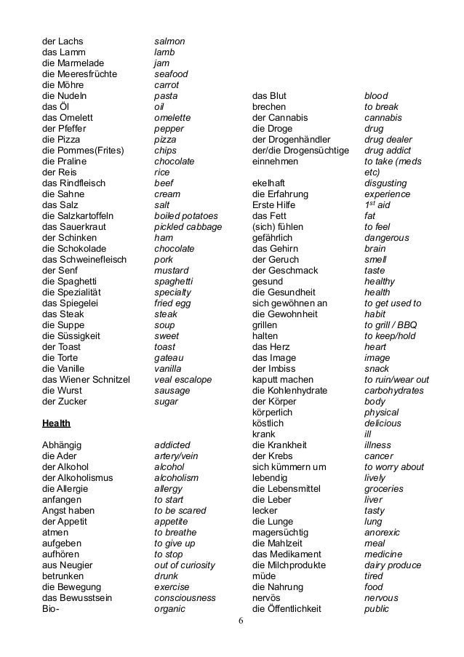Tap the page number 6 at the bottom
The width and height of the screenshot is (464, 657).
(241, 622)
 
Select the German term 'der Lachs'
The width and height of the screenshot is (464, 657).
(63, 41)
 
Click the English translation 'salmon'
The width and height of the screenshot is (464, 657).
(169, 41)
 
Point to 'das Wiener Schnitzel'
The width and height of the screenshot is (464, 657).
(86, 380)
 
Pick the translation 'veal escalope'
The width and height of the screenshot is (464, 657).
(183, 380)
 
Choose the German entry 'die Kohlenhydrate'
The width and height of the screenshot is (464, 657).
(289, 391)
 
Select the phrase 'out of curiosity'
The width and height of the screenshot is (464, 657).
(185, 565)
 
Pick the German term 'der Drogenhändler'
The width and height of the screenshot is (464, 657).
(291, 140)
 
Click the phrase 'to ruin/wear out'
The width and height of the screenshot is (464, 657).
(396, 380)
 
